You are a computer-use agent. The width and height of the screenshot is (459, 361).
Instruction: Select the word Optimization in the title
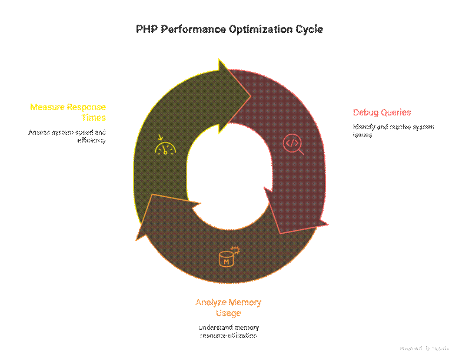click(x=262, y=29)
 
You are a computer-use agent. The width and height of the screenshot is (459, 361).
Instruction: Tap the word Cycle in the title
click(x=310, y=29)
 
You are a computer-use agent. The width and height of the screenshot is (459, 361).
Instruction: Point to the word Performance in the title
click(x=194, y=29)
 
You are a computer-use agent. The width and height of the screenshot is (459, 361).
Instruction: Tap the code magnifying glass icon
click(x=293, y=144)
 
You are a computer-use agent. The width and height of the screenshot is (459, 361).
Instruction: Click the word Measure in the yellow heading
click(x=47, y=107)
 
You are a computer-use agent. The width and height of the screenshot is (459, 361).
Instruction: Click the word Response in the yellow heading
click(x=86, y=107)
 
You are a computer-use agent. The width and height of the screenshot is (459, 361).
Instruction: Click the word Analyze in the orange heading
click(x=212, y=303)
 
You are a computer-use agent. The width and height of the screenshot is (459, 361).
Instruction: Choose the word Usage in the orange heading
click(x=228, y=313)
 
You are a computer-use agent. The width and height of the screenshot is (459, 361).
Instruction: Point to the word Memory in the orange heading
click(x=246, y=303)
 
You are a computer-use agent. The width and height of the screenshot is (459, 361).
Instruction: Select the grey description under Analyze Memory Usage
click(x=228, y=332)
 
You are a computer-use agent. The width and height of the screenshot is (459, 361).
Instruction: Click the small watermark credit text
click(x=424, y=349)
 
